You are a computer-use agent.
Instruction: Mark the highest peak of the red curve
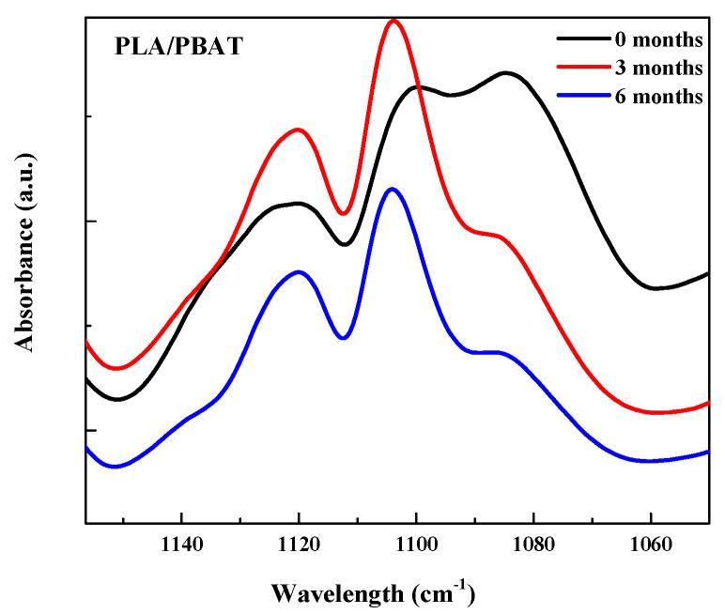pos(393,20)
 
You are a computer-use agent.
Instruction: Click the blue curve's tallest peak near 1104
pos(393,189)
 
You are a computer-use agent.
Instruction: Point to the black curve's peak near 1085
pos(506,72)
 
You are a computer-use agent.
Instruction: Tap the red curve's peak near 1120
pos(299,130)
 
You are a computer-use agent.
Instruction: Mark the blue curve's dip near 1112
pos(344,338)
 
